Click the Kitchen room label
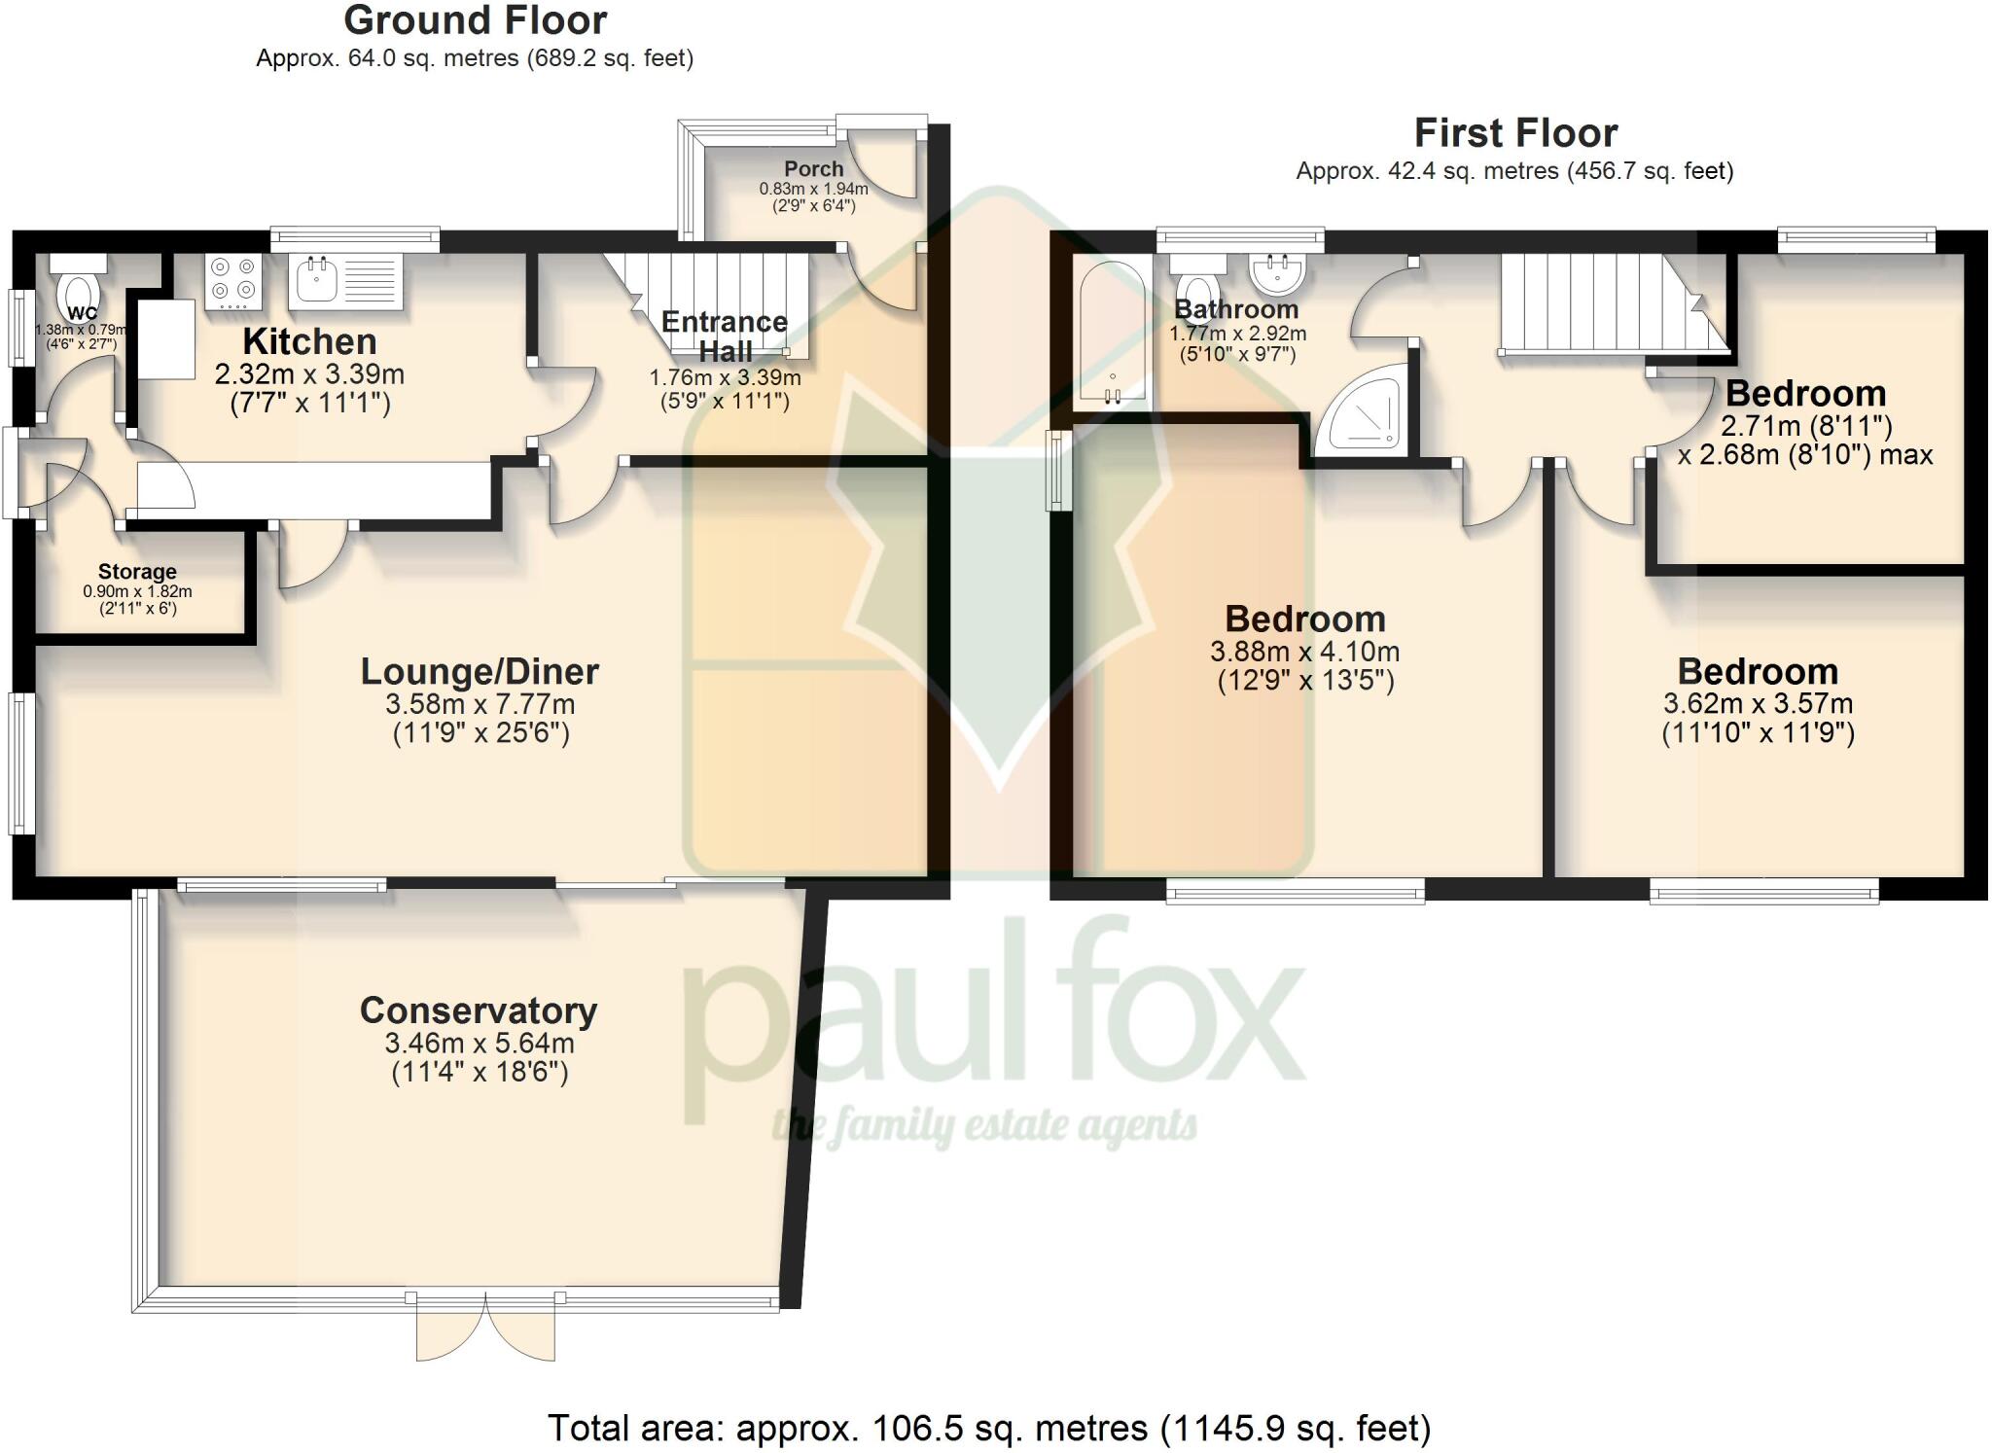tap(309, 341)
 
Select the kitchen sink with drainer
tap(345, 280)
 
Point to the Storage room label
tap(137, 572)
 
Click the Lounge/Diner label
tap(480, 671)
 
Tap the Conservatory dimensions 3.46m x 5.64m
tap(480, 1044)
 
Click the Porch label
tap(813, 168)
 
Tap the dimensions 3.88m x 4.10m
tap(1305, 652)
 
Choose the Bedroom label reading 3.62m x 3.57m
tap(1758, 672)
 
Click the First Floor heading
tap(1514, 132)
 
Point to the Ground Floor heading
tap(475, 20)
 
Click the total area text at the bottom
tap(989, 1428)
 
